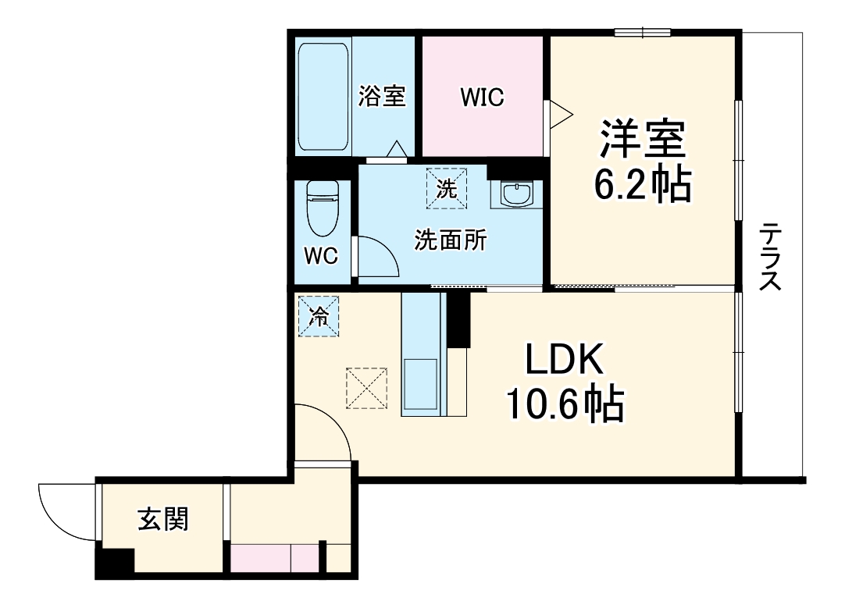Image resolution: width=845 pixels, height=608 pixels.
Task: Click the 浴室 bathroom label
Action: tap(382, 97)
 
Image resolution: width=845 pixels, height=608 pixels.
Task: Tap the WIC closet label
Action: tap(482, 98)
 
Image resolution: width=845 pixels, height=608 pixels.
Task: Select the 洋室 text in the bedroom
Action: tap(643, 139)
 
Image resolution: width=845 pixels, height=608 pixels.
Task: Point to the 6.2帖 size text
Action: tap(643, 185)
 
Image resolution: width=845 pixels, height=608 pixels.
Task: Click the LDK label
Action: tap(565, 361)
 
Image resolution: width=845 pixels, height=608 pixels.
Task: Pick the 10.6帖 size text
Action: tap(565, 404)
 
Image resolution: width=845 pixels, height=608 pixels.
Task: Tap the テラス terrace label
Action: tap(772, 257)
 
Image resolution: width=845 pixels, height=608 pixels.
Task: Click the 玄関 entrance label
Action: tap(163, 518)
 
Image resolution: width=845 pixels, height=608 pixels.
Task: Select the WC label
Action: tap(320, 255)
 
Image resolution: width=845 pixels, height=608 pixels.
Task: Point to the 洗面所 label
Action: tap(451, 240)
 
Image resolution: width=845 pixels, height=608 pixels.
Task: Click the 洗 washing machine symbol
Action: tap(446, 188)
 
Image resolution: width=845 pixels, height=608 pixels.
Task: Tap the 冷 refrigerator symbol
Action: tap(318, 316)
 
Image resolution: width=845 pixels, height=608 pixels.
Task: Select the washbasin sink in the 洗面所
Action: tap(515, 194)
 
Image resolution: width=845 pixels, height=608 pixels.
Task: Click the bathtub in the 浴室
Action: tap(324, 98)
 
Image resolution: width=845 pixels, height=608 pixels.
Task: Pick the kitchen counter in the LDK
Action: tap(422, 355)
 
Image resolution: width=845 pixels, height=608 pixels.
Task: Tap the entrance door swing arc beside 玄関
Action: tap(66, 511)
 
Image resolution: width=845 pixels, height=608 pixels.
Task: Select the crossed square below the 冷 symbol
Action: tap(367, 387)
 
